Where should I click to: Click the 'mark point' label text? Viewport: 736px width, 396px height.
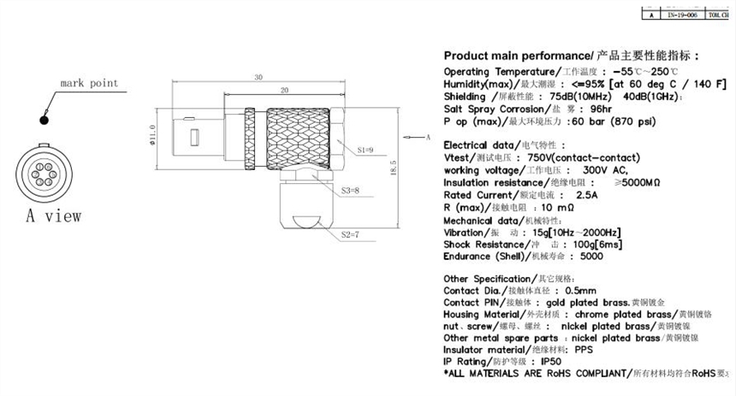[x=88, y=84]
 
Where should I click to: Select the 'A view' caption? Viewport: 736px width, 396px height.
[x=54, y=215]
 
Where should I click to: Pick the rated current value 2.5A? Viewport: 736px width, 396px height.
[x=588, y=195]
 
